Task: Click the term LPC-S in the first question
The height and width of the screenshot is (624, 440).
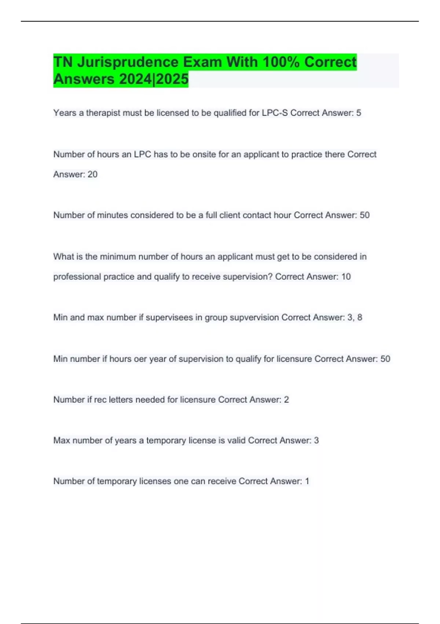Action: click(x=275, y=113)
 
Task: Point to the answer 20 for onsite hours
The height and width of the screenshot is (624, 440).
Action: click(x=92, y=174)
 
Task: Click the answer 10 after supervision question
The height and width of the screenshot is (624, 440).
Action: click(x=346, y=276)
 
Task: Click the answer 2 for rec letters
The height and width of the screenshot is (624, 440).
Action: click(x=286, y=399)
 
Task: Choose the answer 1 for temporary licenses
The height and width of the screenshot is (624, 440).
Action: click(x=307, y=481)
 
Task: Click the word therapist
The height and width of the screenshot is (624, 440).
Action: click(x=103, y=113)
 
